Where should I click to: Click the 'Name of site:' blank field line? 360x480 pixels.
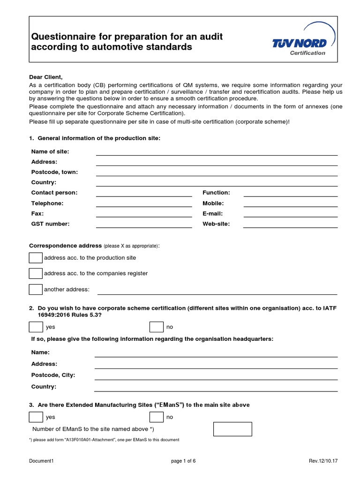point(217,152)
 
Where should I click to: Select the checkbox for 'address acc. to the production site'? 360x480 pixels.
point(36,258)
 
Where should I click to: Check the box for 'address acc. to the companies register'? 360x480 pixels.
point(36,273)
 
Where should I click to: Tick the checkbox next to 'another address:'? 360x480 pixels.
point(36,289)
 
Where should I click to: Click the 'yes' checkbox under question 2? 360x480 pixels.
point(36,327)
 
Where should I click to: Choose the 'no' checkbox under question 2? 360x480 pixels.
point(156,327)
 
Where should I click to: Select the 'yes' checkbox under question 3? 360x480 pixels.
point(36,417)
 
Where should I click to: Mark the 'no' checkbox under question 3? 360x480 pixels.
point(156,417)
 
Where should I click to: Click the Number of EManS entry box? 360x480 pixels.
point(232,429)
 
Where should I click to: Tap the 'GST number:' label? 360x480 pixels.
point(50,224)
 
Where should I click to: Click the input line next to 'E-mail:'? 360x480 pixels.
point(290,214)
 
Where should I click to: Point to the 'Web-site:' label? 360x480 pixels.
point(216,224)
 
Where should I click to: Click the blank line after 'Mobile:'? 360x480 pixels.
point(290,204)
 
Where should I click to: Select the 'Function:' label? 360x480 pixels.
point(216,193)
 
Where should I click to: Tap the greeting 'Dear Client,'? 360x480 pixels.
point(45,77)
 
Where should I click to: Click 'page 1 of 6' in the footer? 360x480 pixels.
point(183,461)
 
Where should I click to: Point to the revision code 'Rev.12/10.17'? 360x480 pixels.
point(323,461)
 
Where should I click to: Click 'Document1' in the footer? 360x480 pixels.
point(41,461)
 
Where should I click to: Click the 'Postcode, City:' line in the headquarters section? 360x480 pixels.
point(216,376)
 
